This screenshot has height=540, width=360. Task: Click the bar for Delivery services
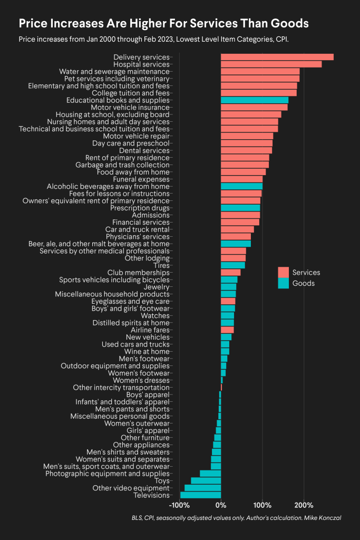pos(277,57)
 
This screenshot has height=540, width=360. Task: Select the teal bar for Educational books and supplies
pos(255,100)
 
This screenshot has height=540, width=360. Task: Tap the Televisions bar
pos(201,495)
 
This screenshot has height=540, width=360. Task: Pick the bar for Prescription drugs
pos(240,208)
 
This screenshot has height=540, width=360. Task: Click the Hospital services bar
pos(271,64)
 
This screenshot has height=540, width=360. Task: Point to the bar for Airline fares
pos(227,330)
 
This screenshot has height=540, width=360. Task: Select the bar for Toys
pos(206,481)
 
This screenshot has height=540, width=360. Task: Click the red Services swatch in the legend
pos(283,272)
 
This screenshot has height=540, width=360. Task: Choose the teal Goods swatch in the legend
pos(283,283)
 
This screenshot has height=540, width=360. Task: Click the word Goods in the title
pos(289,24)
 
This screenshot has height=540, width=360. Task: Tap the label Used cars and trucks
pos(135,344)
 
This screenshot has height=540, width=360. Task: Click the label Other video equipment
pos(131,488)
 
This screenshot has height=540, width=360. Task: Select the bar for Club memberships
pos(230,273)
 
